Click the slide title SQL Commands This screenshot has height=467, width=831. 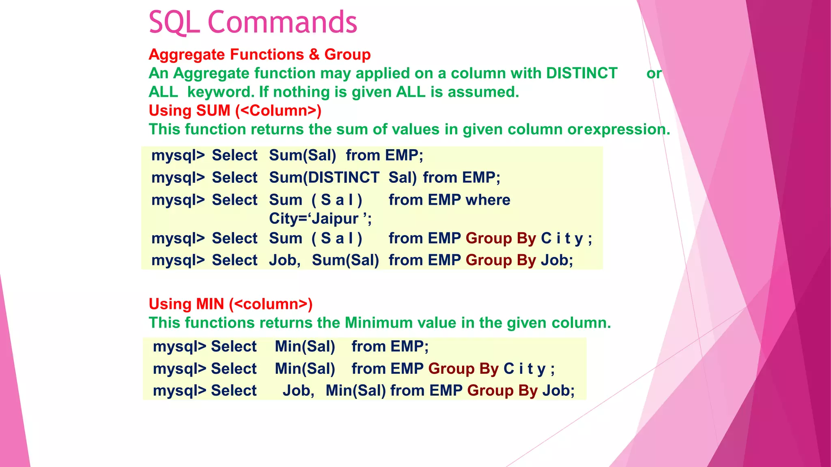252,23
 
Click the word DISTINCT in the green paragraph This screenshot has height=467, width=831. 581,73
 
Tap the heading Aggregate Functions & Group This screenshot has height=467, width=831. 259,55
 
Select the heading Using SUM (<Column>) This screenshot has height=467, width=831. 235,111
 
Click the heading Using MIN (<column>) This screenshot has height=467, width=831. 230,304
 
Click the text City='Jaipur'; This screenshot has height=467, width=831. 320,219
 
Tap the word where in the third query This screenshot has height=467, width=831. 488,200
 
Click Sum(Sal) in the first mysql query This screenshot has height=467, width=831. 302,155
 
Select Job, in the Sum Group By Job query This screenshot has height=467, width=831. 284,260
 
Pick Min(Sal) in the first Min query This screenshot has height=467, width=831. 305,347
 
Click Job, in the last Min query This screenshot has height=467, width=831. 298,391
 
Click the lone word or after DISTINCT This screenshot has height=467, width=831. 654,73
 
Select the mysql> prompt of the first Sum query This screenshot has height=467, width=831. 178,155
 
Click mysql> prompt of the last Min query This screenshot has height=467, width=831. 179,391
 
